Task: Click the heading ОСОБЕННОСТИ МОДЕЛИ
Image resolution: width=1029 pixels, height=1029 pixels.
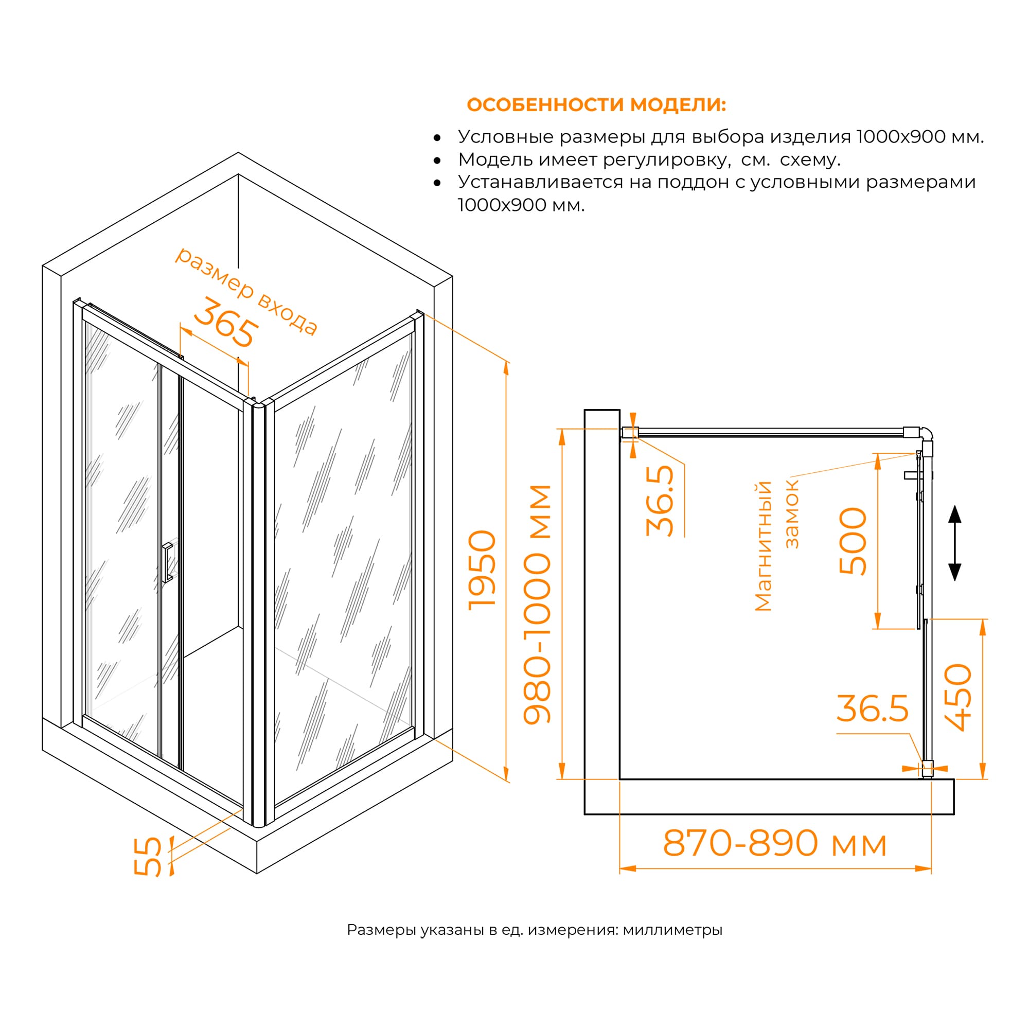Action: pyautogui.click(x=596, y=105)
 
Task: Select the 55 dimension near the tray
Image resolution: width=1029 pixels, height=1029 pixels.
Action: pyautogui.click(x=148, y=857)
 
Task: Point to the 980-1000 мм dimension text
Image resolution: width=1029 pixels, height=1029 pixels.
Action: pyautogui.click(x=537, y=605)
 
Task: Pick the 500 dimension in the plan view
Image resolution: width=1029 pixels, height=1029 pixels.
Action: pyautogui.click(x=853, y=541)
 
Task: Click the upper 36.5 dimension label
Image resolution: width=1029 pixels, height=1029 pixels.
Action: pyautogui.click(x=660, y=501)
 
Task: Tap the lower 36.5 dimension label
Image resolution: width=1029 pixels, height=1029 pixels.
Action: pyautogui.click(x=873, y=709)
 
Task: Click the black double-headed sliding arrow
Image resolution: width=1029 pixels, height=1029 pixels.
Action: pyautogui.click(x=955, y=543)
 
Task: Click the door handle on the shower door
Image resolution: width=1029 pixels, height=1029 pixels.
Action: pyautogui.click(x=167, y=562)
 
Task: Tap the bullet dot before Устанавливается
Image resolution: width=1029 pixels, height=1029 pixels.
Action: pyautogui.click(x=437, y=183)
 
